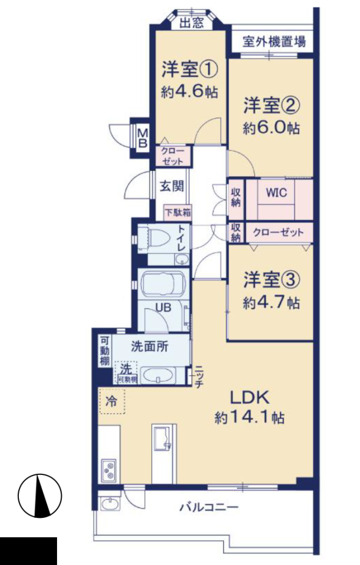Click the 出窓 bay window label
click(x=192, y=24)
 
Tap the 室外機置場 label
click(x=274, y=41)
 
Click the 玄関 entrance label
click(x=171, y=186)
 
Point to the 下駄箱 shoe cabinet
click(x=178, y=212)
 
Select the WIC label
click(x=276, y=192)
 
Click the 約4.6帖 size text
click(x=189, y=92)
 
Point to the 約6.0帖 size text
click(x=271, y=128)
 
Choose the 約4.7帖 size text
click(x=271, y=303)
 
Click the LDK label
click(x=249, y=398)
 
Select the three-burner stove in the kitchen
click(x=109, y=470)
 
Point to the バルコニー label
click(x=209, y=507)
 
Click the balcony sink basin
click(x=111, y=503)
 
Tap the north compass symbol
click(x=40, y=496)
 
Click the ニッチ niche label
click(x=199, y=376)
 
